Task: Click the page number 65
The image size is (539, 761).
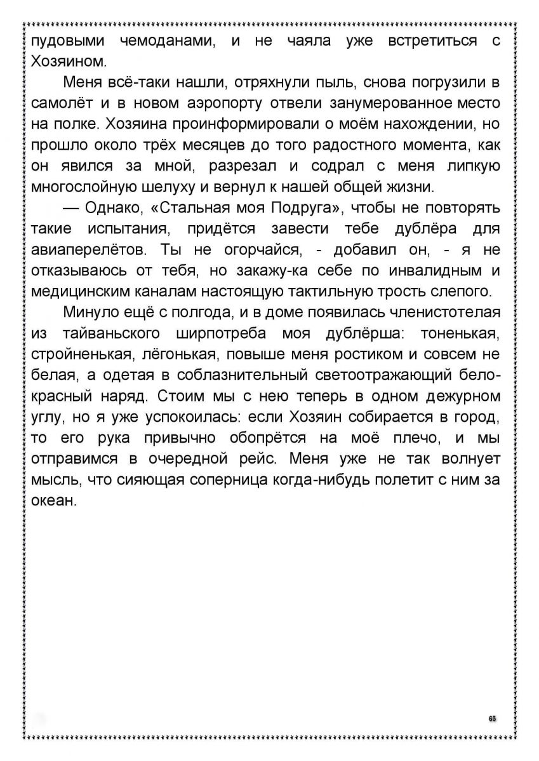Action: [492, 718]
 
